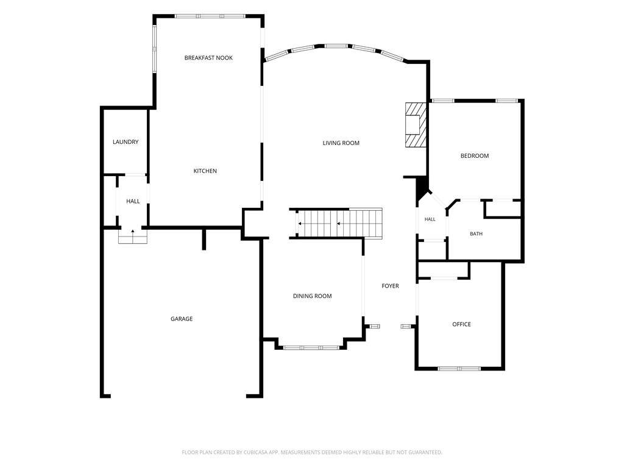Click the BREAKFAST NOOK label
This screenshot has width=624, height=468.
click(208, 58)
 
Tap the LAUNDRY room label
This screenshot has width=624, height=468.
click(126, 141)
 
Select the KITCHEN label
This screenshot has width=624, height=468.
click(205, 171)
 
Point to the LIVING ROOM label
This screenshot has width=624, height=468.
click(341, 143)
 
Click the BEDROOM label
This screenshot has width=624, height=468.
click(475, 155)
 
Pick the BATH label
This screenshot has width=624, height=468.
click(477, 233)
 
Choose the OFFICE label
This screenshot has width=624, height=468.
click(462, 324)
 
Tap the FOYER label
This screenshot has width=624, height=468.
click(391, 286)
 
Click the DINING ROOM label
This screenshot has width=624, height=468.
click(313, 296)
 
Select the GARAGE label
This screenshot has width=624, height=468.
click(182, 319)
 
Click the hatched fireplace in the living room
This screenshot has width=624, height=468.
click(416, 125)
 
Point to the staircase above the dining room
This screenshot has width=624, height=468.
click(339, 224)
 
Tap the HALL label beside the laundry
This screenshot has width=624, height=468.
click(133, 201)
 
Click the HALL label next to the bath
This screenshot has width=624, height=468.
click(430, 219)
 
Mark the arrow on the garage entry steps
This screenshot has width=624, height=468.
click(132, 231)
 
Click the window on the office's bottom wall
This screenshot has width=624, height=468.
click(459, 369)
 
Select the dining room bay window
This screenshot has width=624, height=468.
click(311, 348)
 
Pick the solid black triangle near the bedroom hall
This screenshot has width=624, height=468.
click(421, 189)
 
